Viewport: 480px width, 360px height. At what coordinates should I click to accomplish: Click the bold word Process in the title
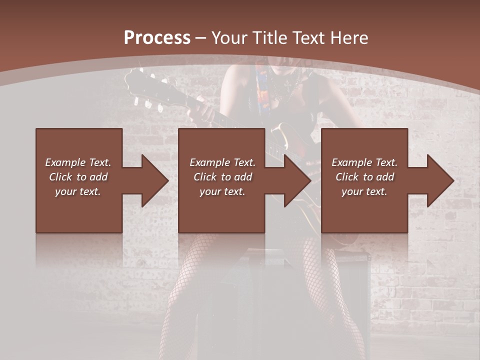(x=157, y=37)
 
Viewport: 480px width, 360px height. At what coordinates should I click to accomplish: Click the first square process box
(x=79, y=145)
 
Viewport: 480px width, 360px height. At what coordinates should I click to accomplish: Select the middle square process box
(x=221, y=145)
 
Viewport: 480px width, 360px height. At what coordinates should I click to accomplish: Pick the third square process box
(x=364, y=145)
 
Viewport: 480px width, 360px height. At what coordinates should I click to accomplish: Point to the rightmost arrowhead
(x=439, y=180)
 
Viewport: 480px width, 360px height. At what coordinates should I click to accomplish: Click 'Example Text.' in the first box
(x=78, y=162)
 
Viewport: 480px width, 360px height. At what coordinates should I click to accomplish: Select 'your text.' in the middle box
(x=222, y=191)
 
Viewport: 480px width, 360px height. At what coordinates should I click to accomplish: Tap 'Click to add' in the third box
(x=364, y=177)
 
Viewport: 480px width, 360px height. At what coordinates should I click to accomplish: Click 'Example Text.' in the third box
(x=364, y=162)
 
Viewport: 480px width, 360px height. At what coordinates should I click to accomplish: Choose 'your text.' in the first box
(x=78, y=191)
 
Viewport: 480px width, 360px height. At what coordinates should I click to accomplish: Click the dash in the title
(x=201, y=37)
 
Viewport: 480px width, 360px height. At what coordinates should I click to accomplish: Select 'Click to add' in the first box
(x=78, y=177)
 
